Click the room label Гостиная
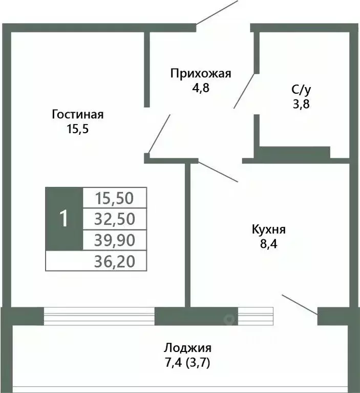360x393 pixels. click(x=78, y=114)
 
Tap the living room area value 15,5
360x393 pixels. click(x=78, y=129)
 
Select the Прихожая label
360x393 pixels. click(x=201, y=73)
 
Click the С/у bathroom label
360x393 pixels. click(x=301, y=90)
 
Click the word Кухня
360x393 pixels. click(x=269, y=229)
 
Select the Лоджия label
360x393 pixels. click(x=187, y=348)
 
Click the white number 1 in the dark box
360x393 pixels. click(x=64, y=219)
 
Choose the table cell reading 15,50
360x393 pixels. click(x=115, y=197)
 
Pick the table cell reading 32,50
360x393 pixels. click(x=115, y=219)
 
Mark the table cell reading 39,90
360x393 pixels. click(x=115, y=240)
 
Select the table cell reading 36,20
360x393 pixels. click(x=115, y=261)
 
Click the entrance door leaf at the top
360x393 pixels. click(x=217, y=12)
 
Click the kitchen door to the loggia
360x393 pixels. click(x=300, y=303)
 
